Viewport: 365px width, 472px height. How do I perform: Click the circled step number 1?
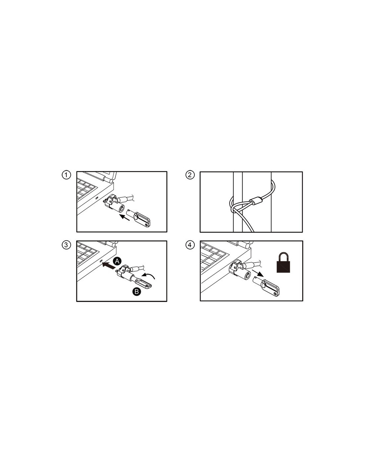click(66, 175)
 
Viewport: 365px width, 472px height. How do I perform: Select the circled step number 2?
click(190, 175)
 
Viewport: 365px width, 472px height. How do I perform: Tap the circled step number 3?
click(66, 245)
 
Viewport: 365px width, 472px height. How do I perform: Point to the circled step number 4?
click(190, 245)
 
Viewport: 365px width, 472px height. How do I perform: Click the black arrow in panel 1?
click(125, 217)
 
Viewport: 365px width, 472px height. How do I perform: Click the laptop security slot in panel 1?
click(97, 198)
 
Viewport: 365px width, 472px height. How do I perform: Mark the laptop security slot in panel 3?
click(101, 262)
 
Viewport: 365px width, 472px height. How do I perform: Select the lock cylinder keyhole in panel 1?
click(121, 209)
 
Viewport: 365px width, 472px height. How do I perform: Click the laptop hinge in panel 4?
click(246, 245)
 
